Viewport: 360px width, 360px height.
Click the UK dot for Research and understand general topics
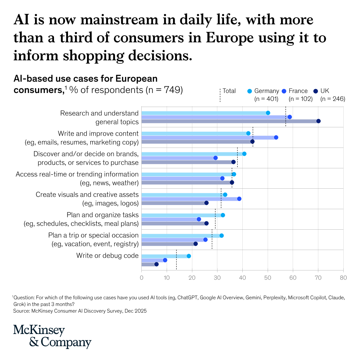(x=318, y=121)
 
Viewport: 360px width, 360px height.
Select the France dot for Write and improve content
(x=276, y=137)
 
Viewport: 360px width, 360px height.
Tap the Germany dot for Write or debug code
(x=189, y=256)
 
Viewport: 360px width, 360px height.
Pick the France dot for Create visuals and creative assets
(x=239, y=199)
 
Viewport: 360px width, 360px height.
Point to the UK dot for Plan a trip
(x=196, y=244)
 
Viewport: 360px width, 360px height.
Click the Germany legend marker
(x=250, y=91)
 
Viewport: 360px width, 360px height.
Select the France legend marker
(x=284, y=91)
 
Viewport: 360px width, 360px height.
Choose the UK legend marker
(x=316, y=91)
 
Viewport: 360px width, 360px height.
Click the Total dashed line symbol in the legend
(x=220, y=95)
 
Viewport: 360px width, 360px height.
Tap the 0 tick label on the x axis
(x=142, y=277)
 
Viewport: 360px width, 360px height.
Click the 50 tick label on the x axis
(x=268, y=277)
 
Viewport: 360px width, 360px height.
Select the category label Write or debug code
(x=107, y=256)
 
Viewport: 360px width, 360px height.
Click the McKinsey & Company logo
(x=52, y=336)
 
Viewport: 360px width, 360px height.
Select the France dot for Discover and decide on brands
(x=215, y=158)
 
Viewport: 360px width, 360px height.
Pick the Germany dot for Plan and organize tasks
(x=223, y=215)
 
